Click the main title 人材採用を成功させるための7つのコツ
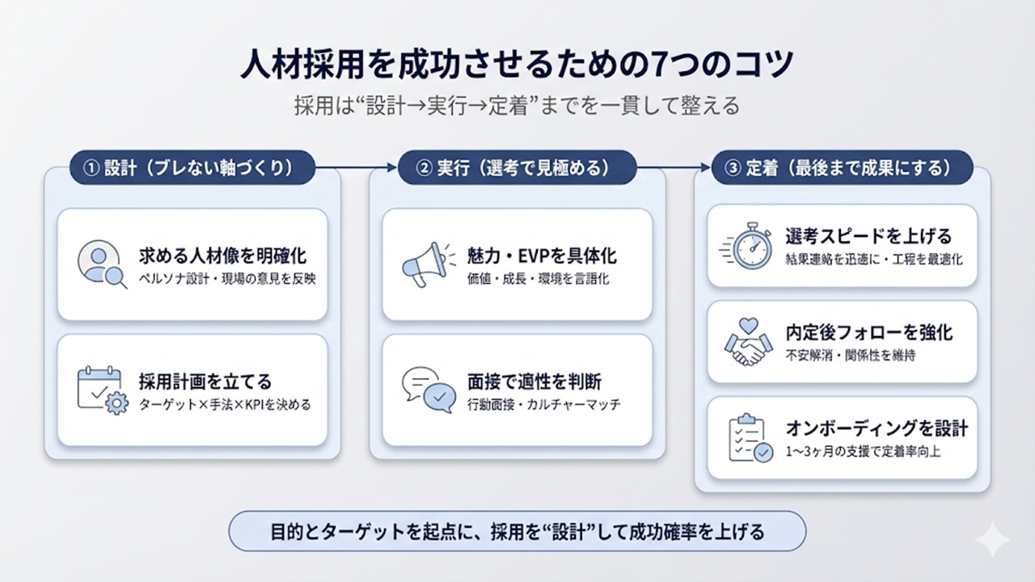pyautogui.click(x=517, y=65)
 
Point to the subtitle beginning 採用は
pyautogui.click(x=517, y=106)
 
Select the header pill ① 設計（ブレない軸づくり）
pyautogui.click(x=192, y=168)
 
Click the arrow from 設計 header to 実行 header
pyautogui.click(x=357, y=168)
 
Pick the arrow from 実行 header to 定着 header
pyautogui.click(x=674, y=168)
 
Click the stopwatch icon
pyautogui.click(x=748, y=245)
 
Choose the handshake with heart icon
pyautogui.click(x=748, y=341)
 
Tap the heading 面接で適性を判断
pyautogui.click(x=534, y=382)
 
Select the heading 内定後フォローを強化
pyautogui.click(x=869, y=333)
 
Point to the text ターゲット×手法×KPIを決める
pyautogui.click(x=225, y=404)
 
